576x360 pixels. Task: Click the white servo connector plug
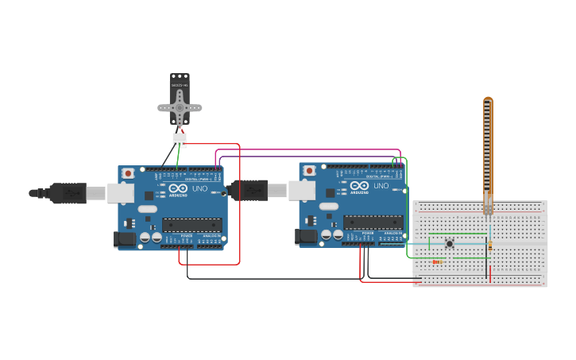[180, 140]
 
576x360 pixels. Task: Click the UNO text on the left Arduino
[199, 189]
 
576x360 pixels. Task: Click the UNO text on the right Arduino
[381, 186]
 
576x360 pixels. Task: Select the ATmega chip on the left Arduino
[191, 225]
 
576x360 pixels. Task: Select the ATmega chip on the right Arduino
[373, 223]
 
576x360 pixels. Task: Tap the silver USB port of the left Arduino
[120, 192]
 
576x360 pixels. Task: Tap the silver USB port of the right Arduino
[301, 190]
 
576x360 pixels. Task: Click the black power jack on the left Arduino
[125, 238]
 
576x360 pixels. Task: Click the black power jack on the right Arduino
[306, 236]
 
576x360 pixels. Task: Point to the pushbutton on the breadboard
[450, 243]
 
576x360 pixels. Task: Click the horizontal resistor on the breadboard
[436, 261]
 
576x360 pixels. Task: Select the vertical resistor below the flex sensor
[490, 246]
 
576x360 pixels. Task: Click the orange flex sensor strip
[488, 151]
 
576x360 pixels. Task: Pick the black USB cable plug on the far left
[68, 193]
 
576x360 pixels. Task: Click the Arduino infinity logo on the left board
[178, 189]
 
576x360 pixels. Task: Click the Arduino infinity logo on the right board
[359, 186]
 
